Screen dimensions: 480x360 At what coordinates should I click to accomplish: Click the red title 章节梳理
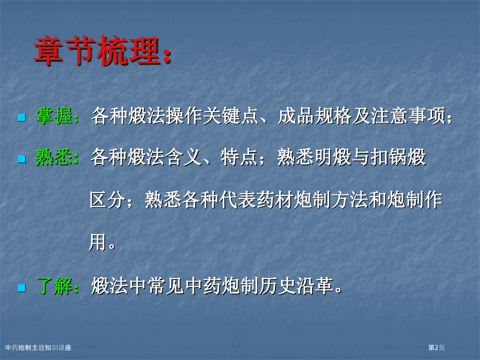click(97, 51)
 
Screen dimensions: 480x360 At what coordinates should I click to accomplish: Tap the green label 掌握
click(54, 116)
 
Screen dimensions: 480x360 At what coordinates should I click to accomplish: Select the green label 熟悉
click(54, 157)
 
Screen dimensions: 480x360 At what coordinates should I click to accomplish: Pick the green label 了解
click(54, 286)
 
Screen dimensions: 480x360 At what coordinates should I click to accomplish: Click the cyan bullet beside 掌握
click(21, 117)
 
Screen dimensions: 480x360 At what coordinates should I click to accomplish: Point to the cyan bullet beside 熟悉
click(21, 159)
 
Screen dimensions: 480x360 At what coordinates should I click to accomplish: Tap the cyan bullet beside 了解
click(21, 288)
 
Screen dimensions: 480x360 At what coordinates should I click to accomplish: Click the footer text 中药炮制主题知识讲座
click(38, 347)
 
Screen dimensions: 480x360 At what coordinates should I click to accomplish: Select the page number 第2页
click(436, 347)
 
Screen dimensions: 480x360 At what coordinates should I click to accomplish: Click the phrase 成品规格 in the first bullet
click(315, 116)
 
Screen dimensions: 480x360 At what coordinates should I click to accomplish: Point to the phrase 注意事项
click(408, 116)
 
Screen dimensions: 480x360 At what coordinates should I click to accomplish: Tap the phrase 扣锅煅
click(398, 157)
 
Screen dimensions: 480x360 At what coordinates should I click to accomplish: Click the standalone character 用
click(98, 242)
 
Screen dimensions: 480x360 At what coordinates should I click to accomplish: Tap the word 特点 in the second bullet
click(239, 157)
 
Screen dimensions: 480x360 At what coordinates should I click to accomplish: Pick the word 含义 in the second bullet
click(183, 157)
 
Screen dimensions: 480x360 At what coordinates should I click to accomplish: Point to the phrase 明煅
click(333, 157)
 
